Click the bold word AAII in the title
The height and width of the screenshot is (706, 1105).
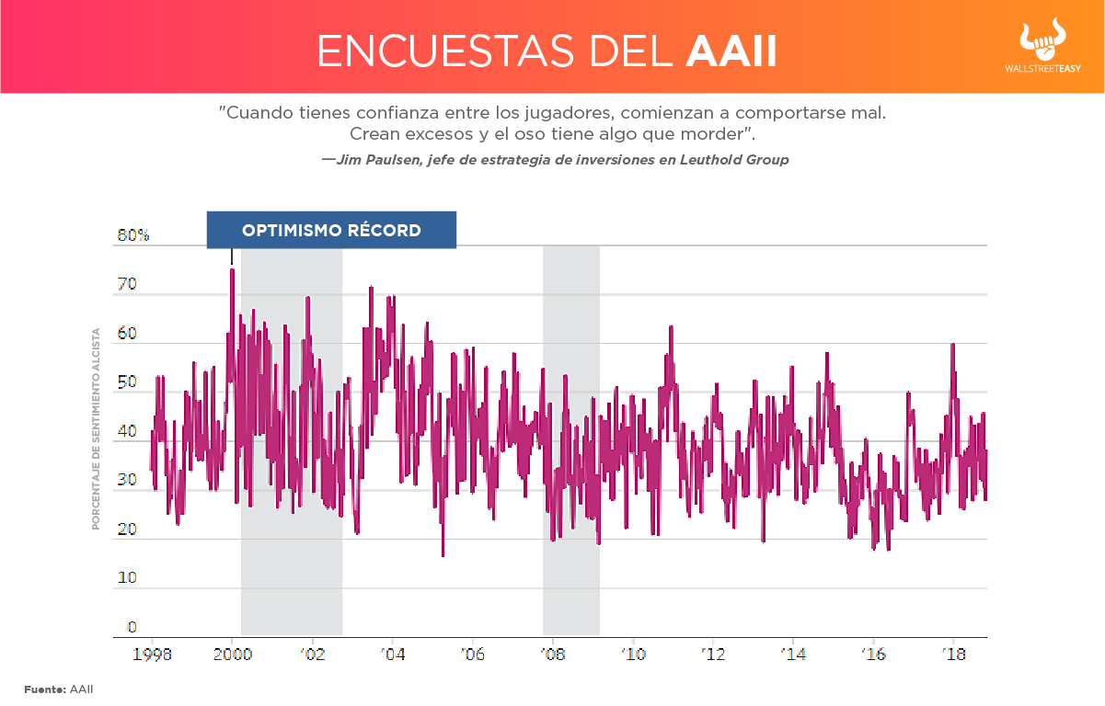point(731,52)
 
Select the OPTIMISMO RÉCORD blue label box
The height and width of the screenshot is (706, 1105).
point(331,230)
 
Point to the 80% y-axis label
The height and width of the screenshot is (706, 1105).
point(133,235)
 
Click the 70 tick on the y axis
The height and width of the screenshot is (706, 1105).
point(127,285)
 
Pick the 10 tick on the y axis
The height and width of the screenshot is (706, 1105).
point(126,579)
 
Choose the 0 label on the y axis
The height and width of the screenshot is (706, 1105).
point(132,628)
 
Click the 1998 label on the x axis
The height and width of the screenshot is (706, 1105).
point(151,655)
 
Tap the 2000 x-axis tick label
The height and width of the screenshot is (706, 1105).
point(232,655)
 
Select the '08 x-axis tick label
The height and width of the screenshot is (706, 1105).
point(552,655)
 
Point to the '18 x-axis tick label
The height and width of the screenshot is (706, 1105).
point(954,655)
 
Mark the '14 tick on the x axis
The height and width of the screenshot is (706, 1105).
point(793,655)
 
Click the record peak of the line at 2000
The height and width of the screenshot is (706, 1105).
point(232,270)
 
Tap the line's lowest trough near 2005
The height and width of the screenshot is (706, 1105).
point(443,554)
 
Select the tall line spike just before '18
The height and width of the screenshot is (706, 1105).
point(952,345)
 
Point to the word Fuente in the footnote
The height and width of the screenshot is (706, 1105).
point(43,689)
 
